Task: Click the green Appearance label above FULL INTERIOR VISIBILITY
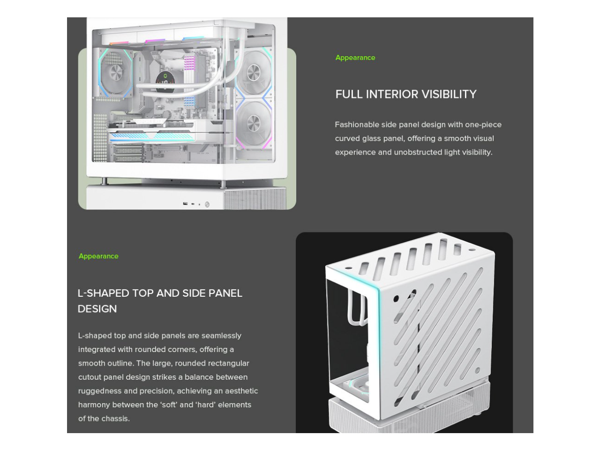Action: [355, 58]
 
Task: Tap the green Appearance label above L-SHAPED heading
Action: [98, 256]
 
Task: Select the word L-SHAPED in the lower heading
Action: [103, 293]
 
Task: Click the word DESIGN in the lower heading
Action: [97, 309]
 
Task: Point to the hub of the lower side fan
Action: [254, 123]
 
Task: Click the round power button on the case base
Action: [207, 204]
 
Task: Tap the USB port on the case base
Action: [186, 204]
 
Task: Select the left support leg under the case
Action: [105, 181]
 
